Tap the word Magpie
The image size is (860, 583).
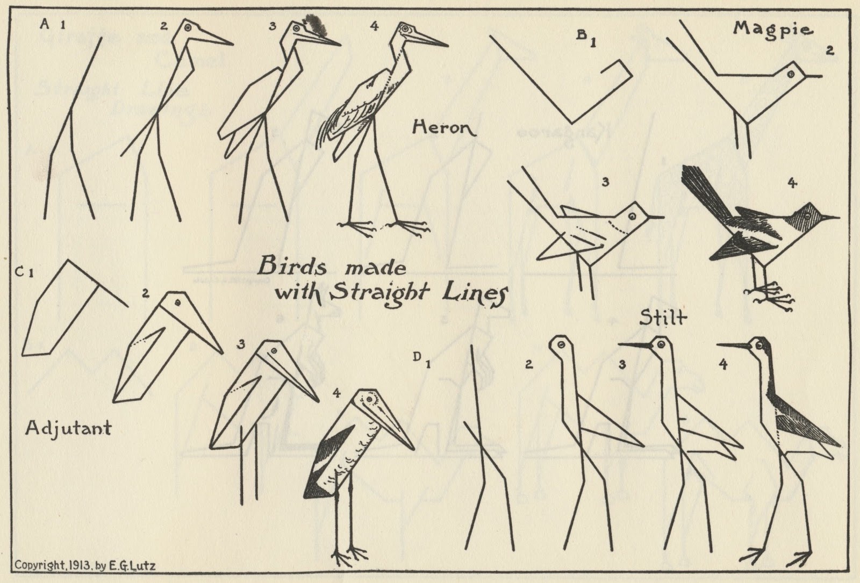[772, 30]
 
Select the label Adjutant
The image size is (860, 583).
[68, 428]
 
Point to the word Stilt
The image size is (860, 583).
[663, 318]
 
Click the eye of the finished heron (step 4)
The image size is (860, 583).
[404, 28]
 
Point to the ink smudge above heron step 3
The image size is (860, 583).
[316, 24]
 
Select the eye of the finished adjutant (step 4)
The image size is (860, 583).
[370, 400]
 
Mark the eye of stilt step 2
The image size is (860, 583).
[561, 345]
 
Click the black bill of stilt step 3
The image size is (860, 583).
[636, 345]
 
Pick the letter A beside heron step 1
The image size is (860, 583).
[45, 24]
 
